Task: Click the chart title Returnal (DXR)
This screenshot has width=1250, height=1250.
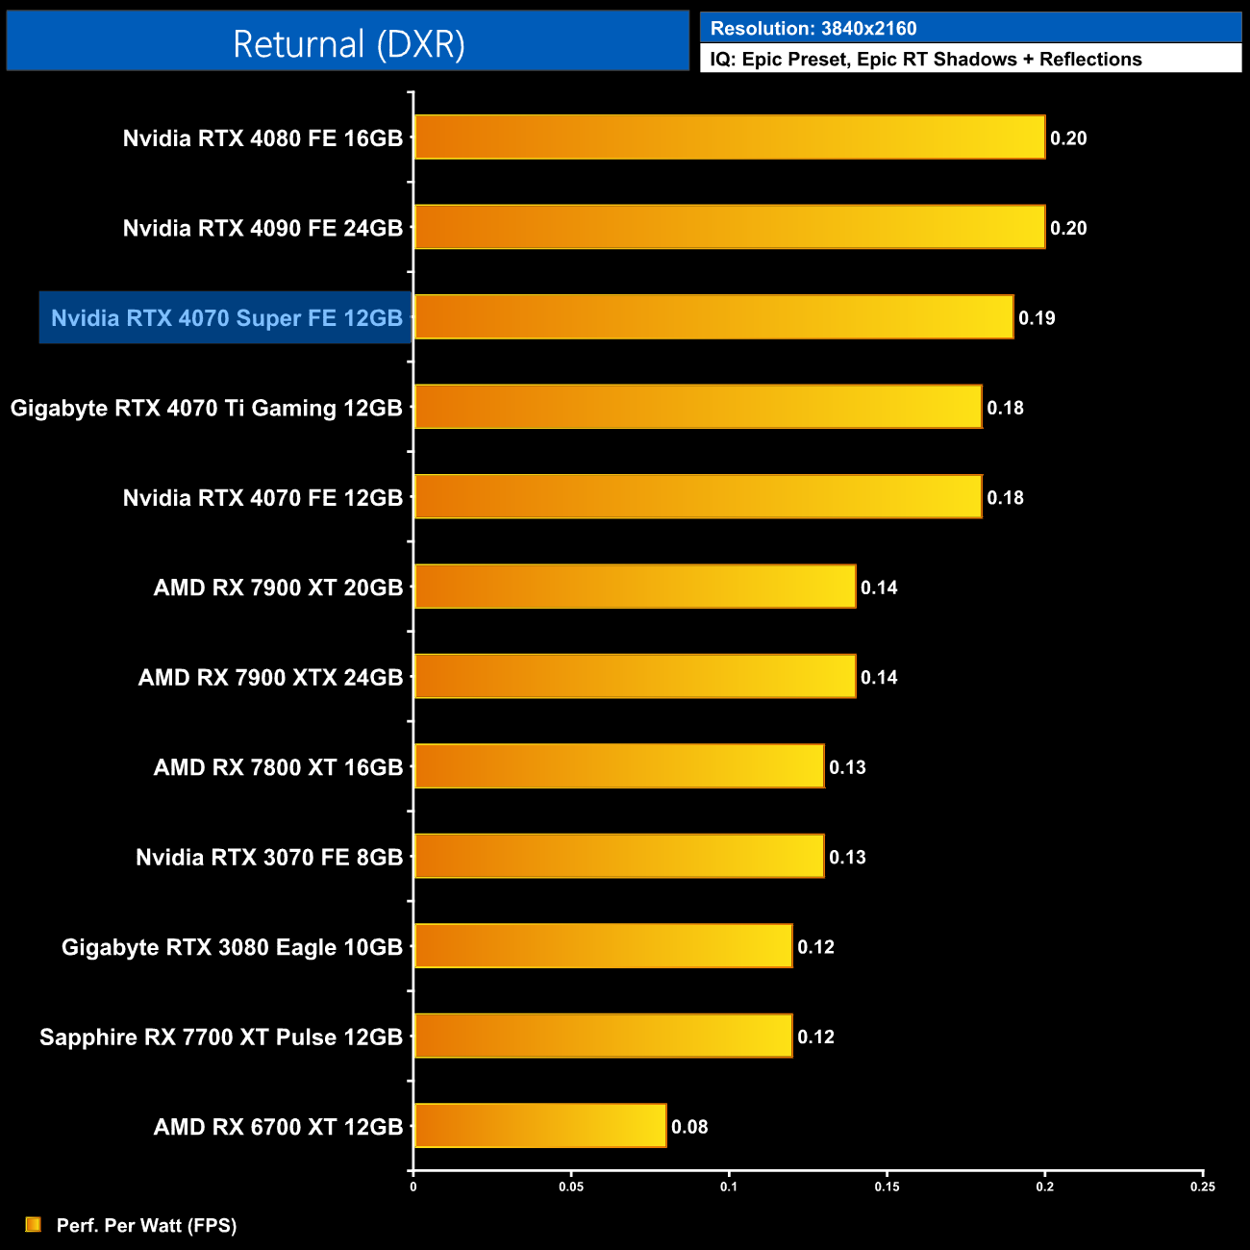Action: (x=348, y=43)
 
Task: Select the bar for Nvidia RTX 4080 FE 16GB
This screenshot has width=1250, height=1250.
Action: (x=729, y=137)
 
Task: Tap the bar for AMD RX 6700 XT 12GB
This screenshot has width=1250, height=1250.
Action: (x=539, y=1126)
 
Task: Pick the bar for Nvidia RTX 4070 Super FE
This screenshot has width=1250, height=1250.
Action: (x=713, y=317)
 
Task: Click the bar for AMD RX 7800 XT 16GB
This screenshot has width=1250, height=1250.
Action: (x=618, y=766)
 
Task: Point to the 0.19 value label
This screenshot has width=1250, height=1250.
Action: (x=1037, y=318)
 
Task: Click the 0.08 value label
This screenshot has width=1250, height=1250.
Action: (x=689, y=1127)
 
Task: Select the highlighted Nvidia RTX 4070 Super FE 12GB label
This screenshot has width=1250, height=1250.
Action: (x=226, y=318)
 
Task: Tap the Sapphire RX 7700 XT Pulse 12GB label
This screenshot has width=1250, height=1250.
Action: (x=221, y=1037)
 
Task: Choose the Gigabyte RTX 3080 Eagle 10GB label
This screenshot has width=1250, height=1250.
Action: (x=232, y=947)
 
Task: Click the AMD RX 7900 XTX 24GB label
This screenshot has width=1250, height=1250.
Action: (x=270, y=678)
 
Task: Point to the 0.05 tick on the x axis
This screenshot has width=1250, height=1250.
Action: (x=571, y=1187)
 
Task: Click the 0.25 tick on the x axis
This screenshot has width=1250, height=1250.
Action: (x=1203, y=1187)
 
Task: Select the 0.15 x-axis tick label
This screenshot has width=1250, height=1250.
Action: (x=887, y=1187)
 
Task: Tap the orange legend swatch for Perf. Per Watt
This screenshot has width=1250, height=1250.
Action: (x=34, y=1224)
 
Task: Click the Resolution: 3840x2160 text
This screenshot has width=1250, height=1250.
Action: (x=813, y=29)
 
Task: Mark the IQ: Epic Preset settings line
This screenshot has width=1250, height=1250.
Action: (x=925, y=60)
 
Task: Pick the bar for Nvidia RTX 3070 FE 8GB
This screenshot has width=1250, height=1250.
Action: (x=618, y=856)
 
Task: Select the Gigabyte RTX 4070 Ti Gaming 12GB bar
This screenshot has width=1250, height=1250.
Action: (x=697, y=407)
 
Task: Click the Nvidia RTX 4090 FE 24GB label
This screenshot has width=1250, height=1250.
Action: (x=262, y=228)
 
